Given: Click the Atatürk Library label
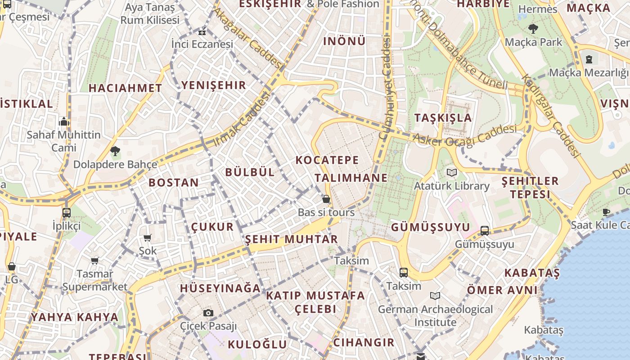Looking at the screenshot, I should coord(451,186).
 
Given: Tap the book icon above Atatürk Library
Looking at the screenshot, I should coord(452,172).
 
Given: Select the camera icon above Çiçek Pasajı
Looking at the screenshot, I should coord(208,313).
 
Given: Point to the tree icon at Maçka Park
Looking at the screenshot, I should coord(533,29).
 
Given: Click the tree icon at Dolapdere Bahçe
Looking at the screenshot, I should coord(115,151).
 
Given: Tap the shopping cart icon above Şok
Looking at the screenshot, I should coord(148,238).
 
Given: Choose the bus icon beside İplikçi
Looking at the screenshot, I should coord(67,212).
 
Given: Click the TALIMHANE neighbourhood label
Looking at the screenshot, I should coord(351,178).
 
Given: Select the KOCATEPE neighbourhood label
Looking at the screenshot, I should coord(327,160).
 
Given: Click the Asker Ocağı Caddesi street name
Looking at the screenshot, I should coord(464,135).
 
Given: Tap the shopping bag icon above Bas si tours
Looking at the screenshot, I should coord(326,199).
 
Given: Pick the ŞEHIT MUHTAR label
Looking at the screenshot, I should coord(291,239).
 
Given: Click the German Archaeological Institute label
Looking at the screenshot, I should coord(435,316).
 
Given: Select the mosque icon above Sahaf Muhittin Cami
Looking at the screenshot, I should coord(63,122).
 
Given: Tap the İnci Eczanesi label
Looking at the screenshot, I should coord(202,44).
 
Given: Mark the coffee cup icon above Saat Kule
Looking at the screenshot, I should coord(606,212).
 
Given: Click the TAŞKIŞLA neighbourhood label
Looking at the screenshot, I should coord(443,118).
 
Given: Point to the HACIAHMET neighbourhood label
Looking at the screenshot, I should coord(125,88).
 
